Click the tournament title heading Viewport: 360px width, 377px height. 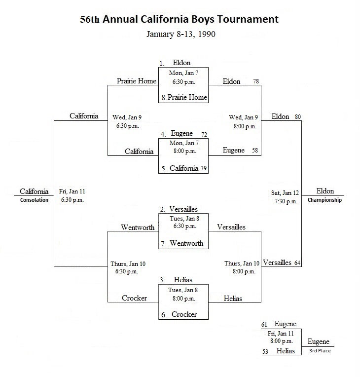point(180,19)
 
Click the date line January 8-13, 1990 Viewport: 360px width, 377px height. point(181,34)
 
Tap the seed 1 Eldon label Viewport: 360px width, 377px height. point(175,63)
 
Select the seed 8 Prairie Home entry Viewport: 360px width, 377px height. point(184,97)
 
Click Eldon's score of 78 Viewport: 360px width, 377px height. point(256,81)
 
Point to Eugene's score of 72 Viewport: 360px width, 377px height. point(204,134)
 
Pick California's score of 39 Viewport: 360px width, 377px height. point(204,168)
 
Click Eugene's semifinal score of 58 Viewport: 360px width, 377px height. point(255,151)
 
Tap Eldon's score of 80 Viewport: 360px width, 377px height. point(298,117)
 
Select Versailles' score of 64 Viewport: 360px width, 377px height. point(297,263)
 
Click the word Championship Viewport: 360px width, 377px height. point(324,200)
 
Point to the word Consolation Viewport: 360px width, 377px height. point(34,200)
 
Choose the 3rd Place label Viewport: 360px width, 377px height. point(320,351)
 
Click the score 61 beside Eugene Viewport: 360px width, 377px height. point(264,325)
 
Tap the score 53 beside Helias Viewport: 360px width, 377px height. point(265,352)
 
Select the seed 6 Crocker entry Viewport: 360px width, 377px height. point(179,314)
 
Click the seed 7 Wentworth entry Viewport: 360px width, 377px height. point(182,243)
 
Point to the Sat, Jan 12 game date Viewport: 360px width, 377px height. point(285,193)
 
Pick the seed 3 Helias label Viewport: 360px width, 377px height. point(176,280)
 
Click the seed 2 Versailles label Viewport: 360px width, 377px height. point(179,209)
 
